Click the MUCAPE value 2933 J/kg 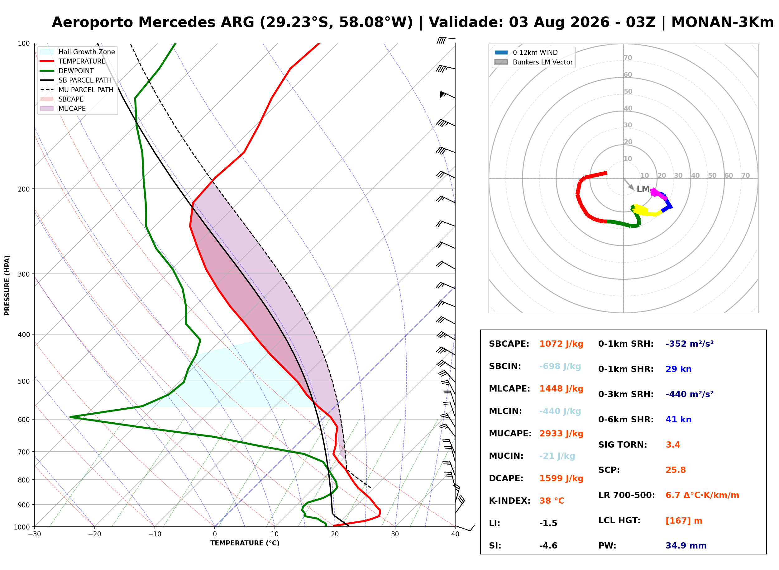tap(561, 433)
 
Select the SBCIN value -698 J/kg tap(560, 366)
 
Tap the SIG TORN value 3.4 tap(673, 444)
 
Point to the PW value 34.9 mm tap(686, 545)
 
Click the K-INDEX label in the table tap(509, 501)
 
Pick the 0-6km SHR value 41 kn tap(678, 419)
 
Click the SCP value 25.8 tap(676, 470)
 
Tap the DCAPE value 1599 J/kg tap(561, 478)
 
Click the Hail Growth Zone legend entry tap(78, 52)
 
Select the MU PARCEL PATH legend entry tap(77, 90)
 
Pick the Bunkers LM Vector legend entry tap(533, 62)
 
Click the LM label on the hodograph tap(643, 189)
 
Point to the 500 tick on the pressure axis tap(24, 381)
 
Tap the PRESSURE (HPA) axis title tap(7, 285)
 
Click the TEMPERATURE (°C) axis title tap(245, 543)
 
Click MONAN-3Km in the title tap(722, 22)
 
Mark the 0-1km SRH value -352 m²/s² tap(689, 344)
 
